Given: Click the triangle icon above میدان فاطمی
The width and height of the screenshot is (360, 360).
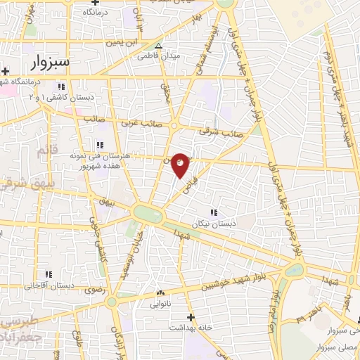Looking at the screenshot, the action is click(x=158, y=44).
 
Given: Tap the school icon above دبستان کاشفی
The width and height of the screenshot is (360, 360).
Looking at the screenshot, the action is click(x=61, y=86).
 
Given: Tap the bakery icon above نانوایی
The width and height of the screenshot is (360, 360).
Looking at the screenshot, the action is click(x=161, y=293).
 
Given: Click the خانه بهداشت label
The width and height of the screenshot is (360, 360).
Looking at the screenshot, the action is click(x=190, y=328).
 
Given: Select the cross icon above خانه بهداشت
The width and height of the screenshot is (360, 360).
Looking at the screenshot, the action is click(x=191, y=317).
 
